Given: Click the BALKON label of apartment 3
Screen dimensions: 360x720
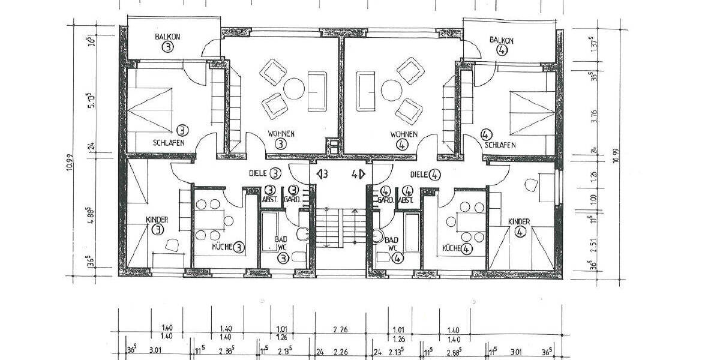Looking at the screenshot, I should [167, 37].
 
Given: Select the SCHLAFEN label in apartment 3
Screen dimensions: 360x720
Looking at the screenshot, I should [168, 143].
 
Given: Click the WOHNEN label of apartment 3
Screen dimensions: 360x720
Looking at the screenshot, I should [281, 134].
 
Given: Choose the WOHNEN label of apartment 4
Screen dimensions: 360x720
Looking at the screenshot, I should [403, 134].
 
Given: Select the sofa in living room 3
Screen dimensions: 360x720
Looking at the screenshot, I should [316, 91].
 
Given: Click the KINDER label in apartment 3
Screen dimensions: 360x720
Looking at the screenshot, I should [157, 220].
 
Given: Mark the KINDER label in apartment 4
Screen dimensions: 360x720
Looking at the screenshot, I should [519, 222].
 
